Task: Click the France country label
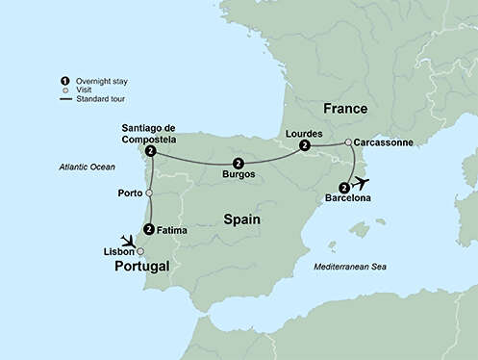pyautogui.click(x=347, y=108)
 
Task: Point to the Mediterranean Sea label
pyautogui.click(x=351, y=266)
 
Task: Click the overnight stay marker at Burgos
pyautogui.click(x=238, y=164)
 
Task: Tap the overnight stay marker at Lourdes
pyautogui.click(x=304, y=145)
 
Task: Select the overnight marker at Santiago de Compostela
pyautogui.click(x=151, y=152)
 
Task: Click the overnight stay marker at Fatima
pyautogui.click(x=148, y=229)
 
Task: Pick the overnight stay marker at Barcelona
pyautogui.click(x=343, y=188)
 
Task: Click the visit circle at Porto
pyautogui.click(x=149, y=193)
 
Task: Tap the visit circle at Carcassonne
pyautogui.click(x=347, y=142)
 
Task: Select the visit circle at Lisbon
pyautogui.click(x=140, y=250)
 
